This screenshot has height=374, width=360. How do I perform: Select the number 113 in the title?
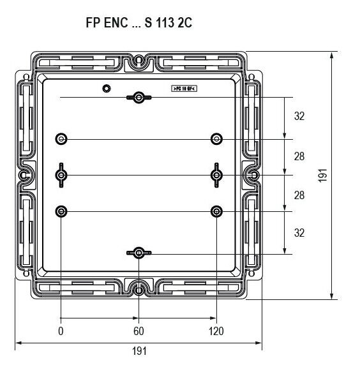tap(163, 23)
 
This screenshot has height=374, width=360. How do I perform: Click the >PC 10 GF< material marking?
tap(184, 89)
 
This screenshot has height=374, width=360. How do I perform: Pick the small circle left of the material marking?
tap(106, 88)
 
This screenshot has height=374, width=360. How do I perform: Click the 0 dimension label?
tap(61, 332)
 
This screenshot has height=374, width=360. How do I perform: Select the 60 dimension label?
tap(139, 332)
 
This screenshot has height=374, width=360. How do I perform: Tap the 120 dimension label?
tap(216, 332)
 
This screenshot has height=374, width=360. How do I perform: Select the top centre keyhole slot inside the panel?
tap(139, 97)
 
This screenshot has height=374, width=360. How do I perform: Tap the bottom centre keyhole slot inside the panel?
tap(139, 253)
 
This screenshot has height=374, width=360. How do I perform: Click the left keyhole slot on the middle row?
tap(61, 175)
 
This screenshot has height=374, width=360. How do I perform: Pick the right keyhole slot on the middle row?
tap(217, 175)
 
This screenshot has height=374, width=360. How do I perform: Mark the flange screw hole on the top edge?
tap(139, 61)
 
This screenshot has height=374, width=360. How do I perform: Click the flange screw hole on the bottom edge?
tap(139, 290)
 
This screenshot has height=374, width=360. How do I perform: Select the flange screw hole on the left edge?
tap(24, 175)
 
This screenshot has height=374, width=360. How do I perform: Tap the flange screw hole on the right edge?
tap(253, 175)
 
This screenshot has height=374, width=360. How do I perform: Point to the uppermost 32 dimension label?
tap(299, 117)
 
